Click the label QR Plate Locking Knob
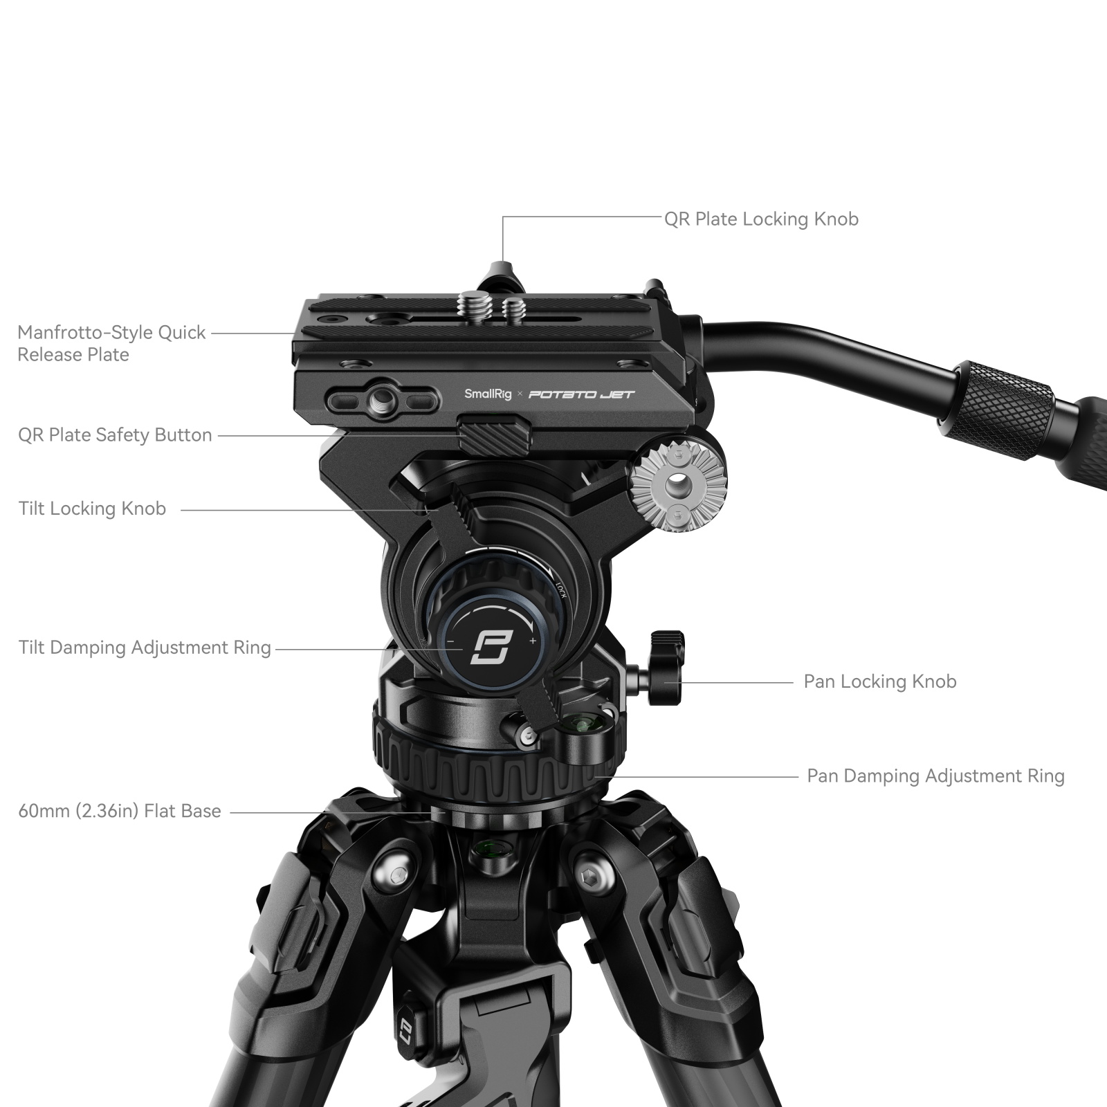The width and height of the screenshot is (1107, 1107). (x=761, y=219)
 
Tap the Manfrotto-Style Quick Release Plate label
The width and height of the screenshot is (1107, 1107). (x=111, y=343)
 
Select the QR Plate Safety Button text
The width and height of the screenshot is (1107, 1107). (x=115, y=435)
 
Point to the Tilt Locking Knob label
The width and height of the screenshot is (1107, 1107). (x=92, y=509)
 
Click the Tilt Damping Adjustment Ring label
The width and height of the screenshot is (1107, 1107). (x=145, y=648)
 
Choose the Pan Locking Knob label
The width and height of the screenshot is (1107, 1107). (x=879, y=681)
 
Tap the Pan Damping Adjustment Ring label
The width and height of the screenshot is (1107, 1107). (x=935, y=776)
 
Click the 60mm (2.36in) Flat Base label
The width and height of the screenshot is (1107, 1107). (x=120, y=811)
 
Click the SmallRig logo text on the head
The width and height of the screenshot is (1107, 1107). (x=488, y=394)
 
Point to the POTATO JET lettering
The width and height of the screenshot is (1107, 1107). (x=581, y=394)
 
